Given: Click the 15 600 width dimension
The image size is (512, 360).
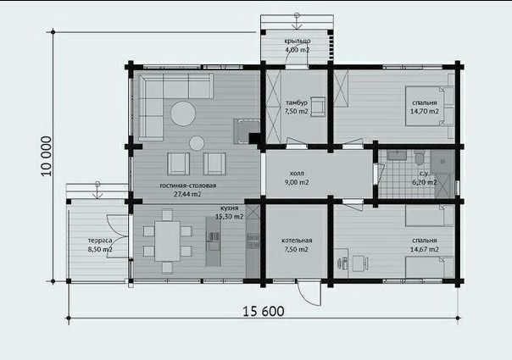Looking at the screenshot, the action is click(263, 312).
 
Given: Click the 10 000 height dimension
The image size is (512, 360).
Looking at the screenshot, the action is click(47, 156).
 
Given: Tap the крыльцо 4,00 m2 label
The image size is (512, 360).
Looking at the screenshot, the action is click(298, 46).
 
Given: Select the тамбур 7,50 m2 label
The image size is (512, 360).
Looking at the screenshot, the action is click(297, 107).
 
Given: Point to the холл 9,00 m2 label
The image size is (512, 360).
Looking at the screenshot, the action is click(297, 178).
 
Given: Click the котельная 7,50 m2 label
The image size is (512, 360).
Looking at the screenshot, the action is click(297, 245).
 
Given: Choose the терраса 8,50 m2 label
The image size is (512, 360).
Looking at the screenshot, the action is click(100, 245).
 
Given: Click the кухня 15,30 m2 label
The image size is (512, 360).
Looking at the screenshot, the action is click(229, 212).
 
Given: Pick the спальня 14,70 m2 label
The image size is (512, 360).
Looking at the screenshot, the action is click(425, 107).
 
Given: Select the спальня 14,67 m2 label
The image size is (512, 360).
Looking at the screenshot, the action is click(425, 245).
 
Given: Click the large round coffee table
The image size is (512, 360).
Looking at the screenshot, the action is click(183, 114).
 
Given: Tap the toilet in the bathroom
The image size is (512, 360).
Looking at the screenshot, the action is click(420, 158).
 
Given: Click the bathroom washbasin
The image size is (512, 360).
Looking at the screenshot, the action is click(397, 155).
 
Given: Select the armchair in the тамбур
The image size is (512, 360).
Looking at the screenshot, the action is click(318, 107).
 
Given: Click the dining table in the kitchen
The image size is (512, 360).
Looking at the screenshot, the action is click(167, 241).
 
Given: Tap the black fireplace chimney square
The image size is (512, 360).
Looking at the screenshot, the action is click(254, 138).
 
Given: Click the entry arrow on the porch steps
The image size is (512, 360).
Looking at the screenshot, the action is click(297, 21).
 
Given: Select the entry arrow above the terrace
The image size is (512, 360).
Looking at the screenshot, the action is click(97, 190).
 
